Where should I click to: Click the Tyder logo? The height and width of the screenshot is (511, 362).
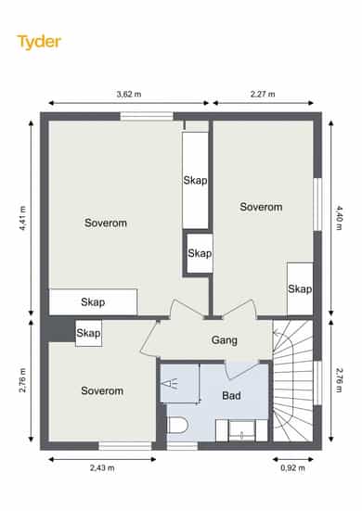pos(39,42)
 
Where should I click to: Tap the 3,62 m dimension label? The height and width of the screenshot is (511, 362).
pos(129,95)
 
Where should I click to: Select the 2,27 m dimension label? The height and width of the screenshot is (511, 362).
pos(263,95)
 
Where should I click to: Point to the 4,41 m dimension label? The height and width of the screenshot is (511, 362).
pos(22,218)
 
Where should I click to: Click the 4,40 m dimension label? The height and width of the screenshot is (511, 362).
pos(339,218)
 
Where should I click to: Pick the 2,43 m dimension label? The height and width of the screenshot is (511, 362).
pos(102,468)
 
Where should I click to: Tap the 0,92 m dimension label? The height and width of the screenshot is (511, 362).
pos(293,468)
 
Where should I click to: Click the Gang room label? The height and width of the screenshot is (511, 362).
pos(225,340)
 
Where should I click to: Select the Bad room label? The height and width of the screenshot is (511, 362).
pos(231,396)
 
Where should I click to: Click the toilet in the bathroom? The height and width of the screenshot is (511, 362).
pos(177,426)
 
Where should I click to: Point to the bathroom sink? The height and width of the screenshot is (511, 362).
pos(241,431)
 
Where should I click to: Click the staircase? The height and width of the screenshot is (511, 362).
pos(292,380)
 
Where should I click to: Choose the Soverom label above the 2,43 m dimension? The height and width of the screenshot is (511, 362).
pos(102,390)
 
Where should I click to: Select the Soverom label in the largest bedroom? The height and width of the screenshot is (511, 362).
pos(106,224)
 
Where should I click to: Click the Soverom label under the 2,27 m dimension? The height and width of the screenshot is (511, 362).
pos(261,207)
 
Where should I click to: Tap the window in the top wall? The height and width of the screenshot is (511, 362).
pos(147,116)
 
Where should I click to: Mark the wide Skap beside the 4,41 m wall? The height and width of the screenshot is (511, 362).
pos(93,302)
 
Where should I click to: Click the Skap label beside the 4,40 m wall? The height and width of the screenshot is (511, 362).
pos(300,288)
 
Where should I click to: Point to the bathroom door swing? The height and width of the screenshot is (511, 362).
pos(242,370)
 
